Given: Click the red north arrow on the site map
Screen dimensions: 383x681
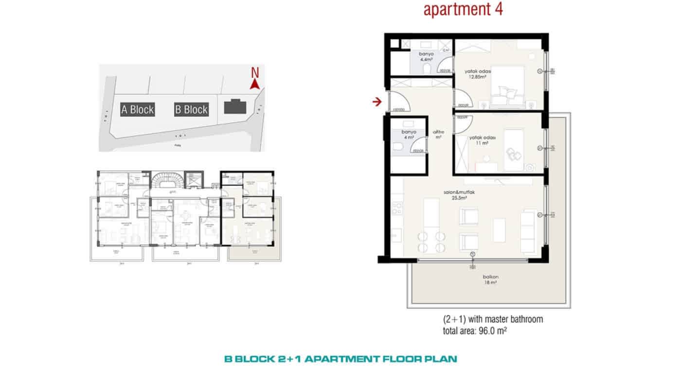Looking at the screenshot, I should click(253, 85).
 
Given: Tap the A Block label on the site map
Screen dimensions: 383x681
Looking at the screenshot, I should click(137, 109).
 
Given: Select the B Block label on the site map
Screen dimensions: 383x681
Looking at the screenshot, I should click(191, 109).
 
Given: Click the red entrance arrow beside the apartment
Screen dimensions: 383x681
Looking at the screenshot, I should click(376, 102).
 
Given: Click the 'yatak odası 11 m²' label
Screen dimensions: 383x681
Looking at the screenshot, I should click(482, 141).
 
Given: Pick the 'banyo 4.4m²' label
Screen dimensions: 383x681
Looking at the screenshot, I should click(426, 57).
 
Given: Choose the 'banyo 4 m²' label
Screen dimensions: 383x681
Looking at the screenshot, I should click(407, 135).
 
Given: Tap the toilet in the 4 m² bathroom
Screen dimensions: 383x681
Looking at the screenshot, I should click(396, 148).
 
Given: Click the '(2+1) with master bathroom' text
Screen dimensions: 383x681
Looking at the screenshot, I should click(493, 320).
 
